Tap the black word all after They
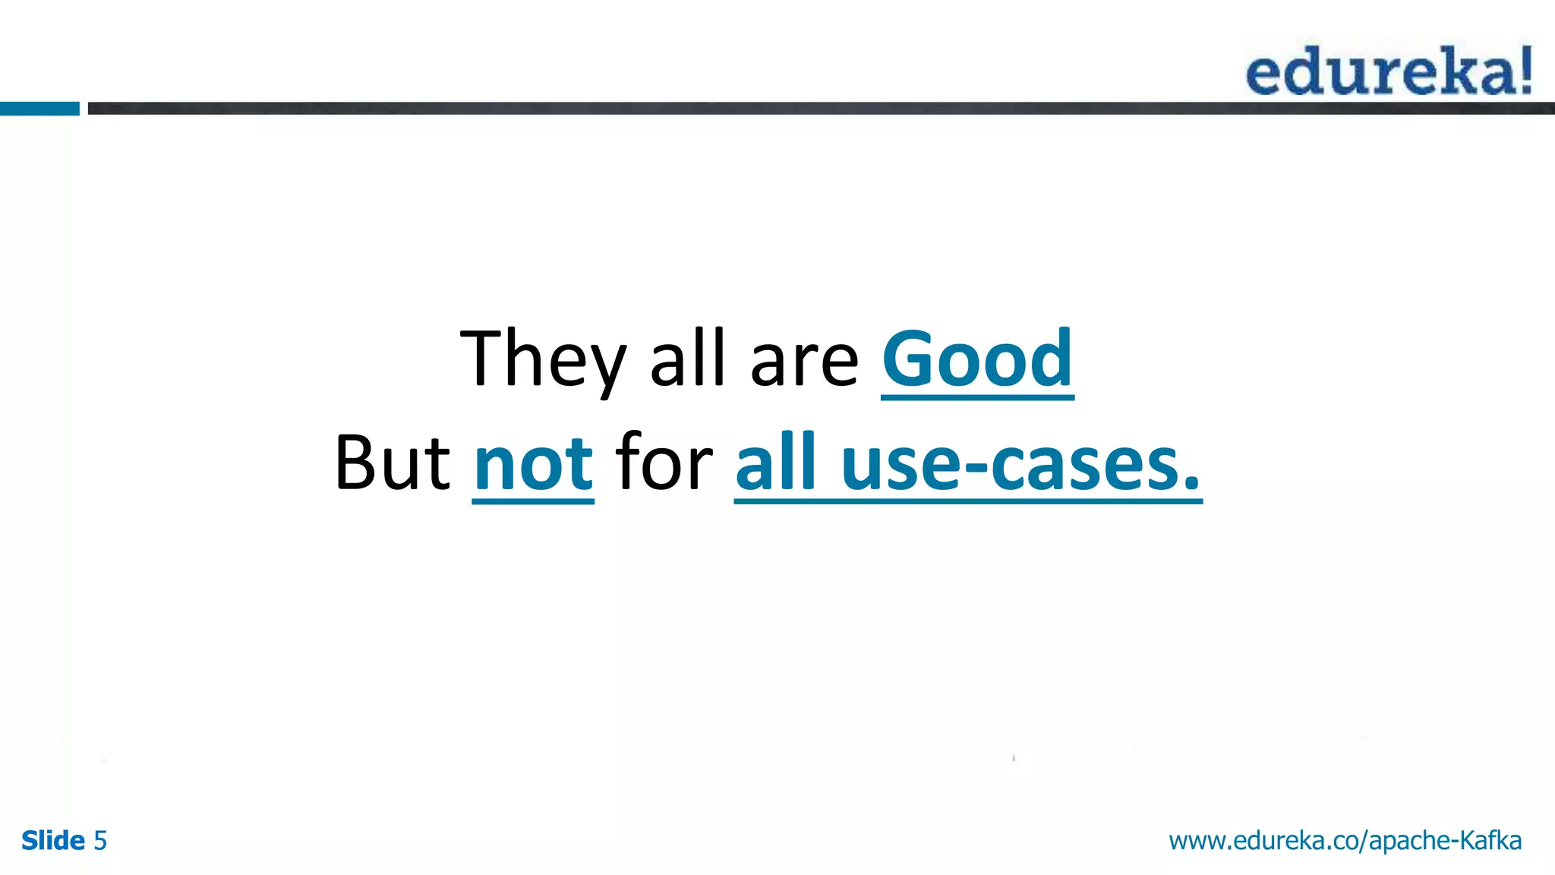coord(688,359)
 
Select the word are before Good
coord(804,363)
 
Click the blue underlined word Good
coord(977,359)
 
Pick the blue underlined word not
coord(533,463)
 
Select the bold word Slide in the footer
coord(53,841)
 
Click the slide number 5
coord(100,841)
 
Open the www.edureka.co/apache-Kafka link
coord(1345,841)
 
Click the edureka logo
coord(1388,71)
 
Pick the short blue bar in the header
coord(39,109)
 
